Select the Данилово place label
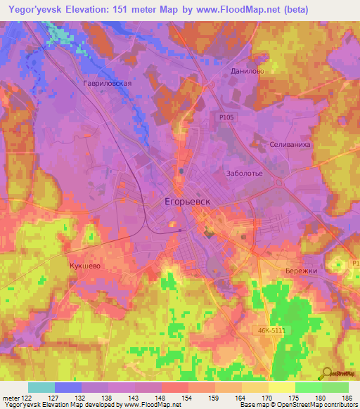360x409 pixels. tap(247, 71)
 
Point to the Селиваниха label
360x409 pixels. tap(290, 143)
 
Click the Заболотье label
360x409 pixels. tap(244, 173)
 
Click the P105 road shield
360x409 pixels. tap(226, 119)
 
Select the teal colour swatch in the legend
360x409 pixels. tap(41, 387)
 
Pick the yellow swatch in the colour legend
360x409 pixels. tap(282, 387)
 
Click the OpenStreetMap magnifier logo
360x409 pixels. tap(326, 373)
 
